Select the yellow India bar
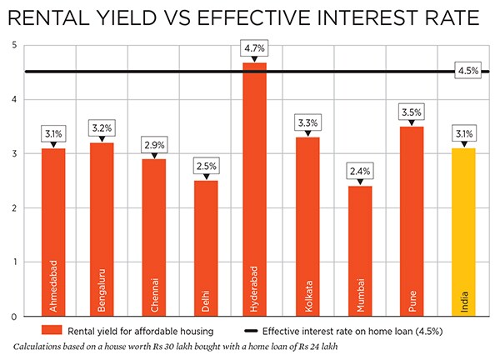point(464,232)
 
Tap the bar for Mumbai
point(360,251)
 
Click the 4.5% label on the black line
point(467,71)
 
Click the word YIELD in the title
point(141,17)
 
